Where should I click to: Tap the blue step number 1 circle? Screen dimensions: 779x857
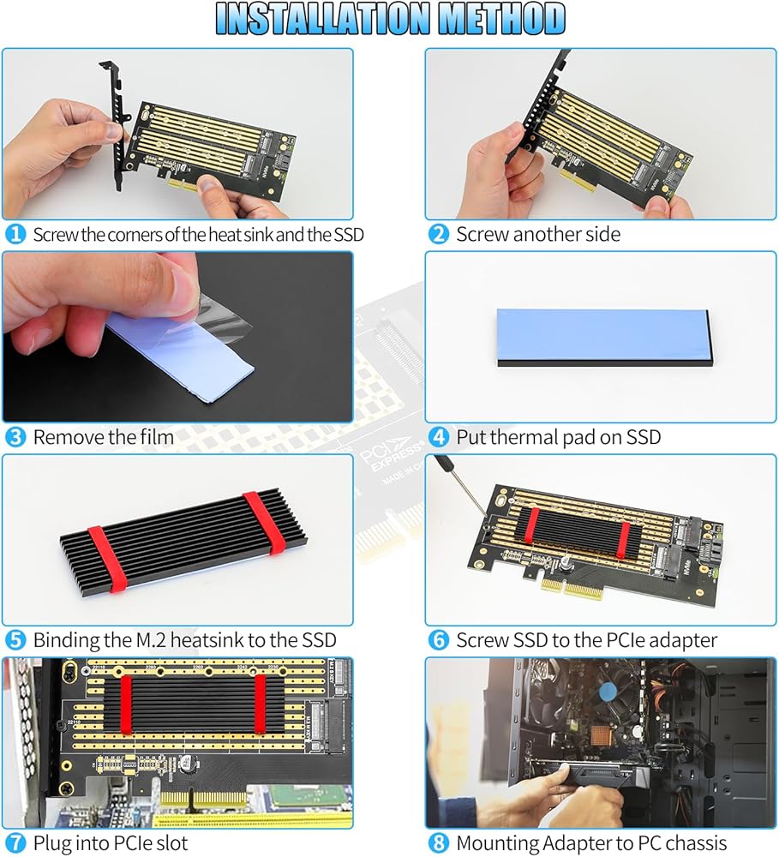pyautogui.click(x=15, y=235)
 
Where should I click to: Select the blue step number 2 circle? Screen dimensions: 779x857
pyautogui.click(x=439, y=235)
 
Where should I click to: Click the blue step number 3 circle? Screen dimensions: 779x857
pyautogui.click(x=15, y=437)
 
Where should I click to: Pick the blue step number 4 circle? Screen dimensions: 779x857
pyautogui.click(x=439, y=437)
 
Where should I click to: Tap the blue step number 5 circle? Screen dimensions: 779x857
pyautogui.click(x=15, y=640)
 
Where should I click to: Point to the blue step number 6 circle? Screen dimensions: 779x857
pyautogui.click(x=439, y=640)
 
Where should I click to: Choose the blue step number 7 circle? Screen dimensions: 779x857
pyautogui.click(x=15, y=842)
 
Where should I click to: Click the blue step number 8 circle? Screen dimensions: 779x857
pyautogui.click(x=439, y=842)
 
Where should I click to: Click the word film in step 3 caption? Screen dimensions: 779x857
pyautogui.click(x=156, y=437)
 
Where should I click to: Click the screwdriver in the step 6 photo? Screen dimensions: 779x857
pyautogui.click(x=460, y=486)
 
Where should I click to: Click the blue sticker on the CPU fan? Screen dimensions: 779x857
pyautogui.click(x=608, y=692)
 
